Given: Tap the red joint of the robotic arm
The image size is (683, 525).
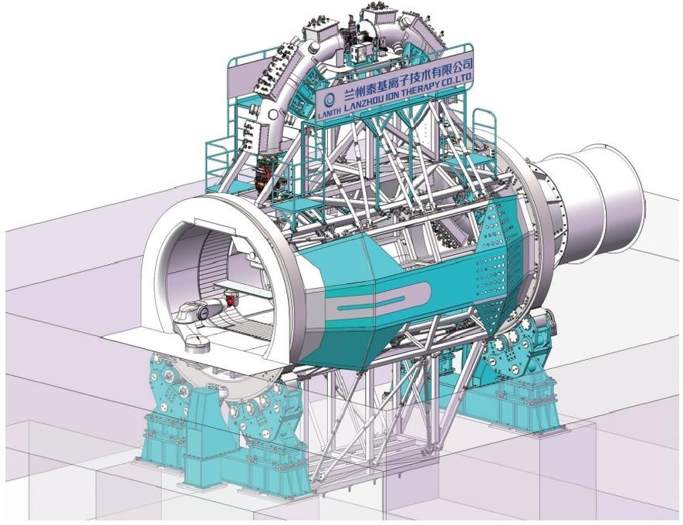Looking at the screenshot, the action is tap(229, 300).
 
